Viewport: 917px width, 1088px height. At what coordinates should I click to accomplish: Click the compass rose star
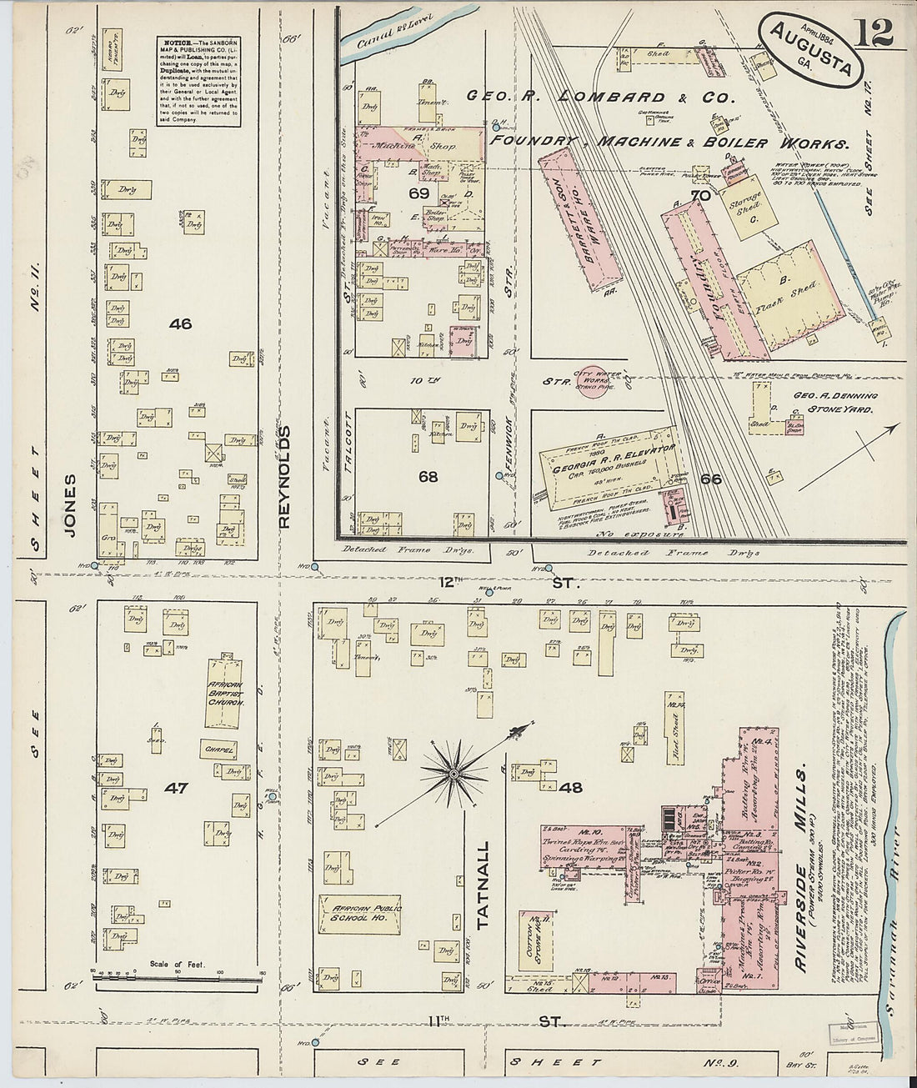click(453, 775)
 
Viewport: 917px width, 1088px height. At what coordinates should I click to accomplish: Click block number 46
click(180, 323)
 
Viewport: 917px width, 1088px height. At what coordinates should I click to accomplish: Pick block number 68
click(428, 477)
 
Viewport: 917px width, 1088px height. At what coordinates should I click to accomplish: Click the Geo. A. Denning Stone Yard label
click(820, 405)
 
